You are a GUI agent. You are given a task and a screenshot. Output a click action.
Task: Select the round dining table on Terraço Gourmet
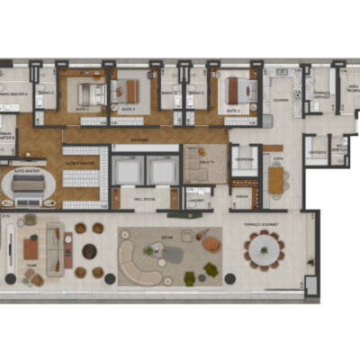coord(265,249)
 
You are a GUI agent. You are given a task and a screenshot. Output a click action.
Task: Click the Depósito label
coord(317,152)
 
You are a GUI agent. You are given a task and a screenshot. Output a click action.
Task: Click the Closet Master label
coord(81,162)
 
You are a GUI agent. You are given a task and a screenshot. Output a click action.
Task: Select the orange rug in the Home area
coord(32,248)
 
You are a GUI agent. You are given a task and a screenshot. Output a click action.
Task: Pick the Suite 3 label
coord(128,110)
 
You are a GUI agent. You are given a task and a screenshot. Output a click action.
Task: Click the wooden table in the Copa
coord(276,183)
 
